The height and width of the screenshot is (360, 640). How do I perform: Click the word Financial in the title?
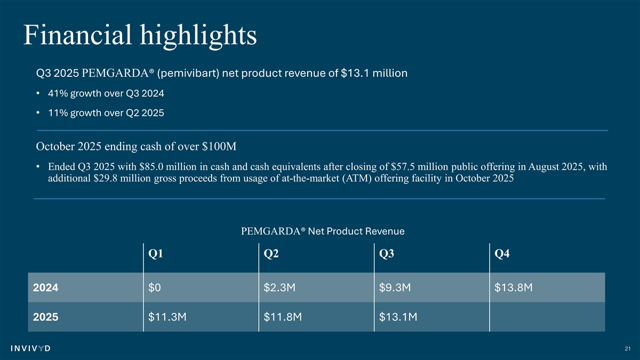click(x=76, y=35)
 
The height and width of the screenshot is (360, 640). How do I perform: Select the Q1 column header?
click(x=156, y=254)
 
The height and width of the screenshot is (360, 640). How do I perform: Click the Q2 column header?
click(x=271, y=254)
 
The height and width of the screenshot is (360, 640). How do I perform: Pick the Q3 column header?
click(x=387, y=254)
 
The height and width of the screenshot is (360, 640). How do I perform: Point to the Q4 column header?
click(x=502, y=254)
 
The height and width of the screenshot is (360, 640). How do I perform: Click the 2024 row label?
click(x=45, y=288)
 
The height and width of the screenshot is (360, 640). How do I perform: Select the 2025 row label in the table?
click(x=45, y=317)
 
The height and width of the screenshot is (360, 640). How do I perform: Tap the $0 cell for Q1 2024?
click(x=155, y=288)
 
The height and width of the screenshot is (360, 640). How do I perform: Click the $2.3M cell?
click(x=280, y=288)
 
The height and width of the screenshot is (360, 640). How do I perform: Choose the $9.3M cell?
click(x=395, y=288)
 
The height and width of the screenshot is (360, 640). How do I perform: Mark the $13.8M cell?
click(x=514, y=288)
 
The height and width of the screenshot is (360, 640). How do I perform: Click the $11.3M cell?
click(x=167, y=317)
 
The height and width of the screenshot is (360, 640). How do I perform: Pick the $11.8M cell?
click(x=283, y=317)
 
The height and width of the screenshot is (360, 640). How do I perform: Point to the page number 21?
click(x=627, y=349)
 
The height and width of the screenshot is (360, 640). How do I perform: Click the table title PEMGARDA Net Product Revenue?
click(x=323, y=231)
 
